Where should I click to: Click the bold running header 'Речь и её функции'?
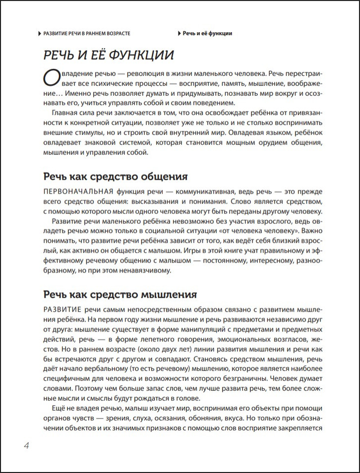[207, 33]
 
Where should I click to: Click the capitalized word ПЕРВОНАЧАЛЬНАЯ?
[79, 192]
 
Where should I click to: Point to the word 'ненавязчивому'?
[146, 271]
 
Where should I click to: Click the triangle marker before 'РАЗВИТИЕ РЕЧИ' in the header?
[40, 33]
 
